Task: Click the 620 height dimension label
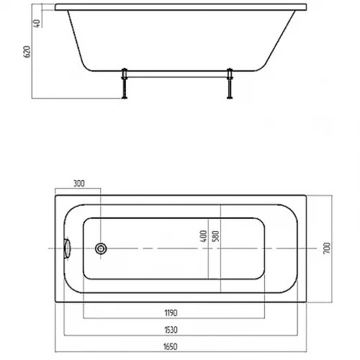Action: (27, 52)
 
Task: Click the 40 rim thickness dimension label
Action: (37, 23)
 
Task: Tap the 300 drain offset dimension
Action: (79, 184)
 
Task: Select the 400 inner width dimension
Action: (203, 236)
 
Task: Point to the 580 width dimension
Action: (216, 236)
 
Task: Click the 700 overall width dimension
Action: (327, 248)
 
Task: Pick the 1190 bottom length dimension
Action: (171, 313)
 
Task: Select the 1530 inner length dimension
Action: (171, 330)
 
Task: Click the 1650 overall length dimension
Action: (171, 346)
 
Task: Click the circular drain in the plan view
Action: (101, 248)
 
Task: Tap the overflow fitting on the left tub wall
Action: (67, 248)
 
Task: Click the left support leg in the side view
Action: (125, 84)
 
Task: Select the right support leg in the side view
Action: (230, 84)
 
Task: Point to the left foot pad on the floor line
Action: (125, 97)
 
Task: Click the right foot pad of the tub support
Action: (230, 97)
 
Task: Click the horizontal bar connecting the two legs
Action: (177, 77)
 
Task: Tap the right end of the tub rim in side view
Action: (307, 7)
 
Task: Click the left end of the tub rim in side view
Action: (55, 7)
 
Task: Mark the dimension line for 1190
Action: (174, 318)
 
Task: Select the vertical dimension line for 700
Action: (332, 249)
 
